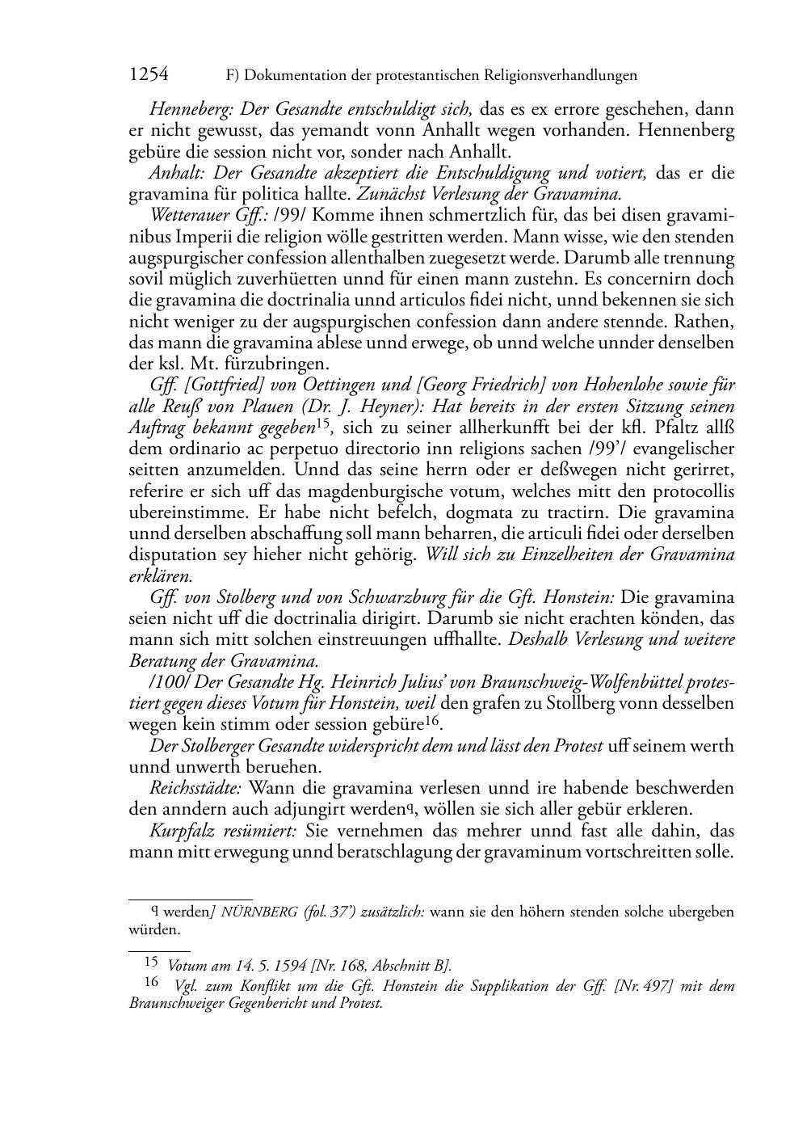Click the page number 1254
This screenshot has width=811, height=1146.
click(x=149, y=75)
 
